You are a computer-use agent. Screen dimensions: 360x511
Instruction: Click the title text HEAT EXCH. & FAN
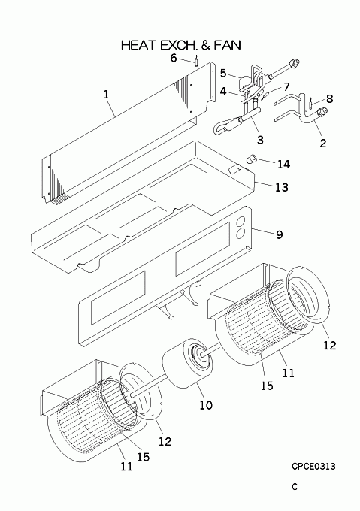(x=181, y=45)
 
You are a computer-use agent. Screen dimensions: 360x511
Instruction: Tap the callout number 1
(x=106, y=95)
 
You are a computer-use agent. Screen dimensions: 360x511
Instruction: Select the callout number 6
(x=174, y=58)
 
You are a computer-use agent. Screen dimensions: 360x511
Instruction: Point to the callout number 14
(x=283, y=165)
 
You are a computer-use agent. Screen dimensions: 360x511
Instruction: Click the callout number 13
(x=282, y=187)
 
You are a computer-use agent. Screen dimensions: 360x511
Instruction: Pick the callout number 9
(x=279, y=234)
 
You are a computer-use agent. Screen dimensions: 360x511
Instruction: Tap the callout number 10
(x=206, y=405)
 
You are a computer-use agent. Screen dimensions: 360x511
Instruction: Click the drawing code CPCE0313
(x=313, y=467)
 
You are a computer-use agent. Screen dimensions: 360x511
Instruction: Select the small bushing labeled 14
(x=252, y=159)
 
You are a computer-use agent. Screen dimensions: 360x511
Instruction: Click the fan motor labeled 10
(x=187, y=364)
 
